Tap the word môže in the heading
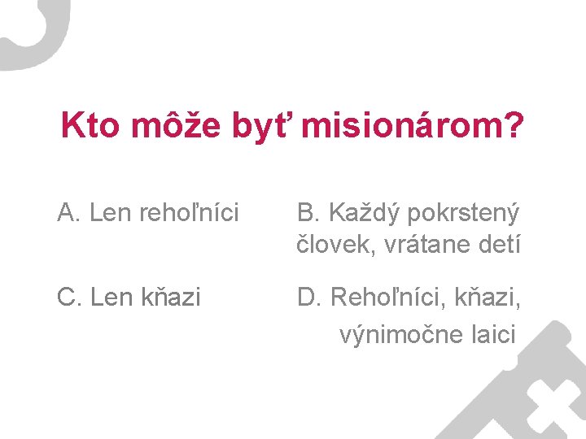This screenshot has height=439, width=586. (x=168, y=126)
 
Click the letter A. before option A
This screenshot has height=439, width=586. (x=68, y=213)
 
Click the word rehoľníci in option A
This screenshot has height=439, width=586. (x=190, y=213)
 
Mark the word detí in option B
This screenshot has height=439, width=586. (x=497, y=244)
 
